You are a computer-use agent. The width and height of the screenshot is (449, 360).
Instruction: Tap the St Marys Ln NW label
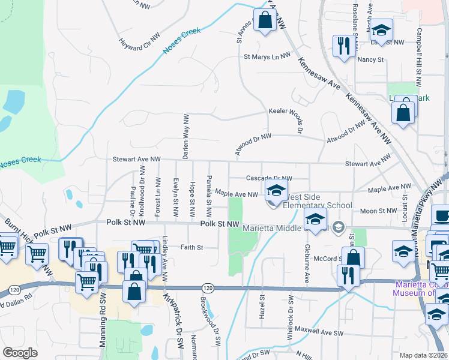pyautogui.click(x=267, y=57)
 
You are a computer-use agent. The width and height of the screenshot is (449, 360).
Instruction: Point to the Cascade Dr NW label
pyautogui.click(x=269, y=178)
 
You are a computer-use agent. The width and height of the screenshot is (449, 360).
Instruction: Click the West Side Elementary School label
pyautogui.click(x=316, y=201)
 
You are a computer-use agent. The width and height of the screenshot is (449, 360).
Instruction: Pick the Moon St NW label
pyautogui.click(x=379, y=211)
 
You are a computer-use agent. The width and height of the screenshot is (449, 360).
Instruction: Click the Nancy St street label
pyautogui.click(x=370, y=59)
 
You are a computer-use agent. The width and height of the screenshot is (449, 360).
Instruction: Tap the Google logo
pyautogui.click(x=20, y=353)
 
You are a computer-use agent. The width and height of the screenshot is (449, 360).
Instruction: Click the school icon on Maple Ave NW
pyautogui.click(x=276, y=192)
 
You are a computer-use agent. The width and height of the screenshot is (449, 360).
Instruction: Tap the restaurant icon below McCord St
pyautogui.click(x=348, y=275)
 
